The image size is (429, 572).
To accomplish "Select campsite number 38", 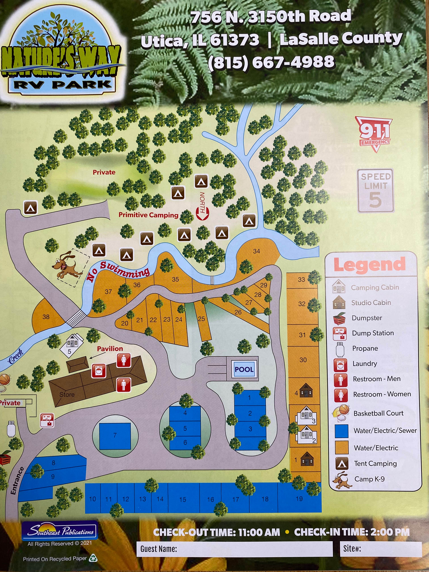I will (46, 317).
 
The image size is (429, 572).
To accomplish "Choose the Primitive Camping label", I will (148, 215).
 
